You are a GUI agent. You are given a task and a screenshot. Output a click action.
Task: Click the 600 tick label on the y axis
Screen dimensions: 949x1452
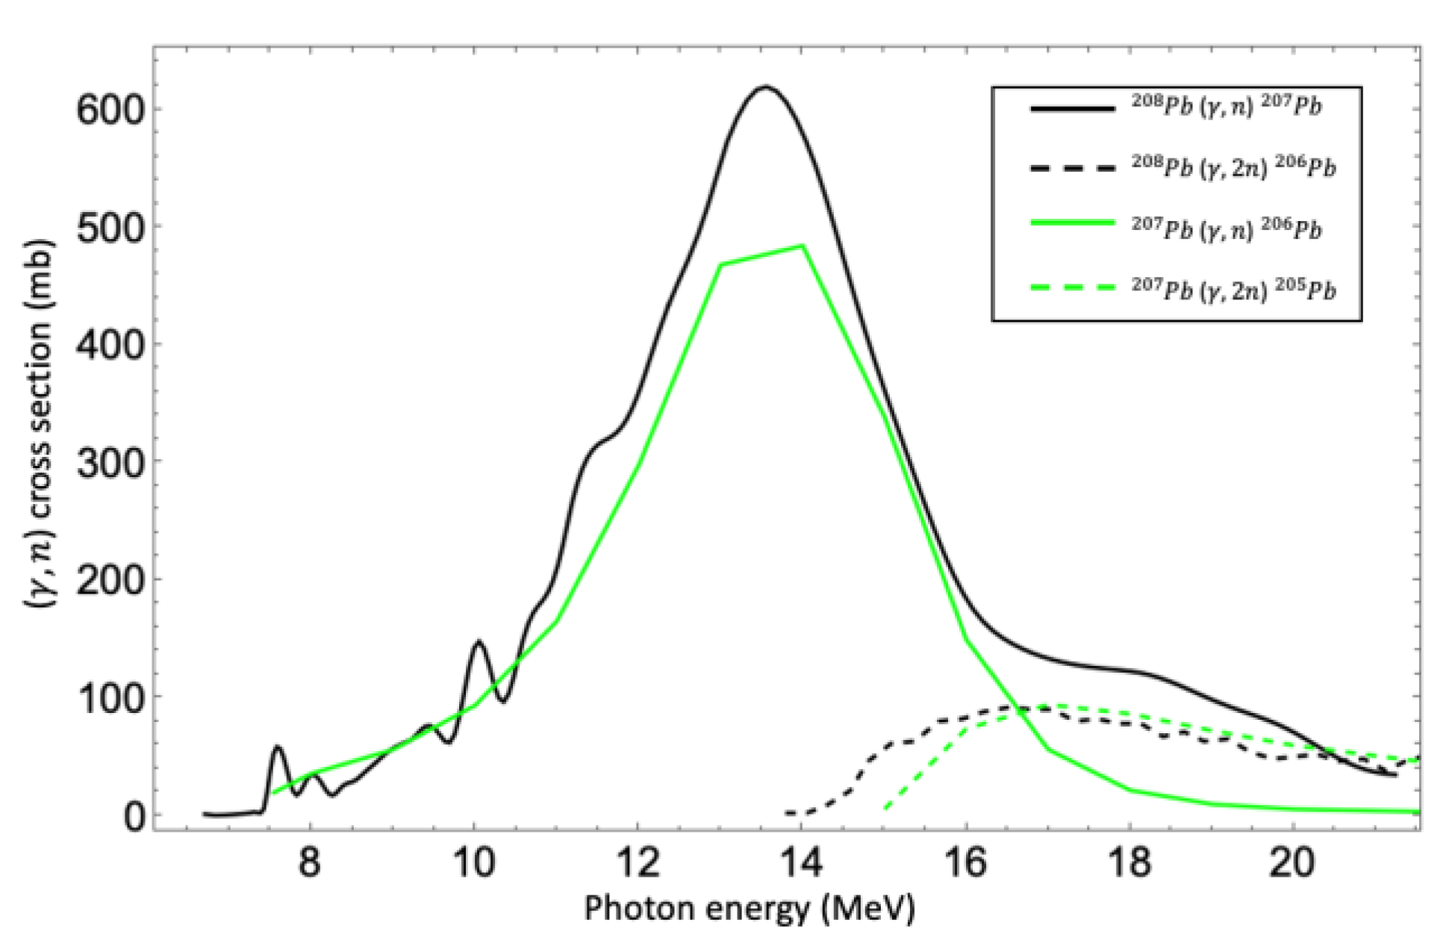click(x=110, y=110)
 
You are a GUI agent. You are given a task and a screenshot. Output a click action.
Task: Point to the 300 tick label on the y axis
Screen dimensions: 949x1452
click(x=110, y=464)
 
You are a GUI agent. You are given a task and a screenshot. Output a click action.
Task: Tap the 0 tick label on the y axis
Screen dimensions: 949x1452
click(x=134, y=817)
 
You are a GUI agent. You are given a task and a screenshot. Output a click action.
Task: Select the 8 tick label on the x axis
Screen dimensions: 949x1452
click(x=308, y=864)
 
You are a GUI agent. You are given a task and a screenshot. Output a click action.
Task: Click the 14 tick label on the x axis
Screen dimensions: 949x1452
click(x=801, y=864)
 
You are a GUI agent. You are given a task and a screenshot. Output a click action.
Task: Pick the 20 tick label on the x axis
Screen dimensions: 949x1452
click(x=1294, y=864)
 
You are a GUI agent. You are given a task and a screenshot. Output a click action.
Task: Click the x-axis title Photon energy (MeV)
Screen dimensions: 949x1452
click(x=749, y=909)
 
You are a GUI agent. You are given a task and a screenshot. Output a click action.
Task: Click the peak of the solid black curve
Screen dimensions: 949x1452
click(x=765, y=87)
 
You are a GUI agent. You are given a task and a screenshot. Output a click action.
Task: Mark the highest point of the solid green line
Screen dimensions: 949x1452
click(x=802, y=246)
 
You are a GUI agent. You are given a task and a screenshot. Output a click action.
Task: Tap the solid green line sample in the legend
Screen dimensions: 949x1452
click(x=1072, y=223)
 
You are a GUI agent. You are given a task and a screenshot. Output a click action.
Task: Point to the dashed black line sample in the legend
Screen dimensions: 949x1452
click(x=1072, y=169)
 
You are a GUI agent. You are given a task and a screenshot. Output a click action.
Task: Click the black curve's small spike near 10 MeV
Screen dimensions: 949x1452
click(x=479, y=641)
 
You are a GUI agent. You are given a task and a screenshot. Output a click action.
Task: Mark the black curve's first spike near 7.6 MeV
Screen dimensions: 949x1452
click(x=278, y=747)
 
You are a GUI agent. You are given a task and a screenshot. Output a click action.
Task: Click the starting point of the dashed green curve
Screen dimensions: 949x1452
click(x=885, y=809)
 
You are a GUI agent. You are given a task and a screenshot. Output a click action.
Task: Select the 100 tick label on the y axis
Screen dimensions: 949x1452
click(x=110, y=699)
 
